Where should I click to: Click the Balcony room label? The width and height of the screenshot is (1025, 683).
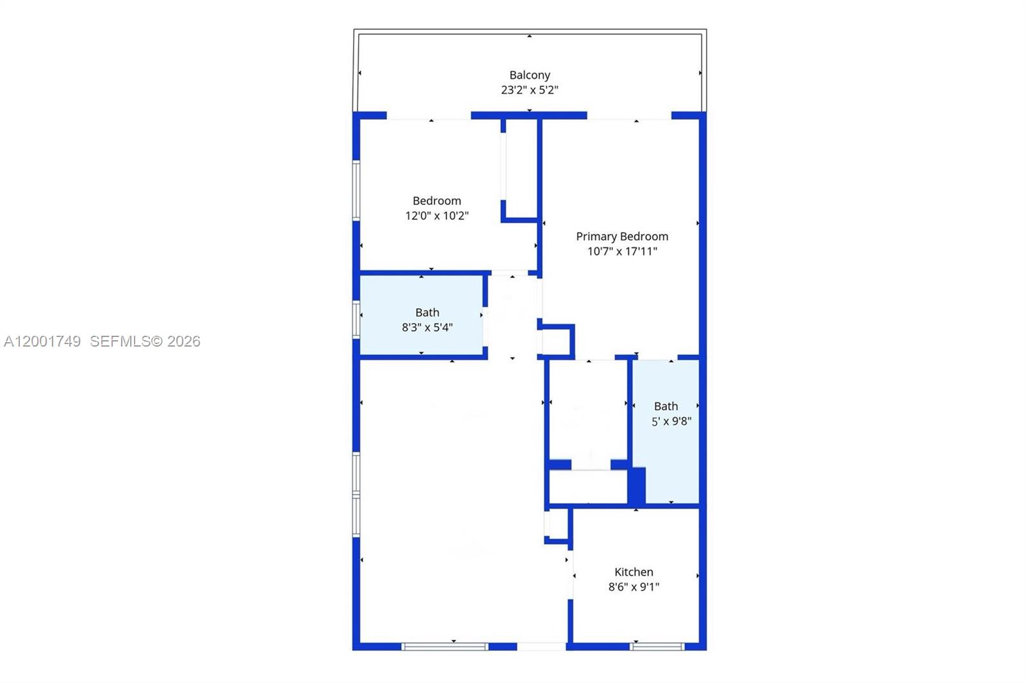coord(529,75)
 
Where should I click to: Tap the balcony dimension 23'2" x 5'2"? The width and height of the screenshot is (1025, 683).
coord(529,90)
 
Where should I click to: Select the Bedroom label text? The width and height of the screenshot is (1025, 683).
coord(436,201)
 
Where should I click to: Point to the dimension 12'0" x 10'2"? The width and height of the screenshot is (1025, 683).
coord(436,216)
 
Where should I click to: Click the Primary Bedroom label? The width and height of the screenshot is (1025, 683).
coord(621,236)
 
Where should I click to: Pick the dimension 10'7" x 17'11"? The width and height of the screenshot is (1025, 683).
coord(621,252)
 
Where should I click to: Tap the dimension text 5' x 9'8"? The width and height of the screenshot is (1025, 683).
coord(671,422)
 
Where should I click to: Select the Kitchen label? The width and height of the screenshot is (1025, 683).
coord(634,572)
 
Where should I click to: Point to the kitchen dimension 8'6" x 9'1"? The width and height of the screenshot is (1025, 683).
coord(634,587)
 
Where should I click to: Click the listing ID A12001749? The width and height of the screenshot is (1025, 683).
coord(42,341)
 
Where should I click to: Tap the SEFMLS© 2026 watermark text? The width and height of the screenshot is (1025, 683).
coord(145,341)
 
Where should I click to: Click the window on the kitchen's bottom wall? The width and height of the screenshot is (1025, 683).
coord(657,646)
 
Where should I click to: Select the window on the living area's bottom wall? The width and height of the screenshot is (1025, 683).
coord(445,646)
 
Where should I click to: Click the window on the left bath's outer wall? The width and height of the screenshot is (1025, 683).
coord(356,319)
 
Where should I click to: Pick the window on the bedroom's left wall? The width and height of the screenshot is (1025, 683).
coord(356,190)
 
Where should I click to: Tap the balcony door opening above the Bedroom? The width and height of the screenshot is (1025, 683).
coord(429,116)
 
